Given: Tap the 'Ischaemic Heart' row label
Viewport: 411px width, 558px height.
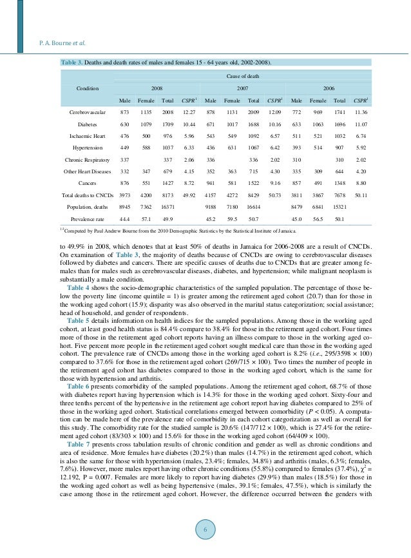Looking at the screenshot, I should pyautogui.click(x=88, y=136).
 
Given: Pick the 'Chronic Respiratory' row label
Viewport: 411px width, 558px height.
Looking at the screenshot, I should pyautogui.click(x=87, y=160).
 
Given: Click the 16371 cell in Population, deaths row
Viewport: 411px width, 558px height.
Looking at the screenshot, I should pyautogui.click(x=169, y=207).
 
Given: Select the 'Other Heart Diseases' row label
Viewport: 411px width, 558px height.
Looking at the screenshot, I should pyautogui.click(x=87, y=171).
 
